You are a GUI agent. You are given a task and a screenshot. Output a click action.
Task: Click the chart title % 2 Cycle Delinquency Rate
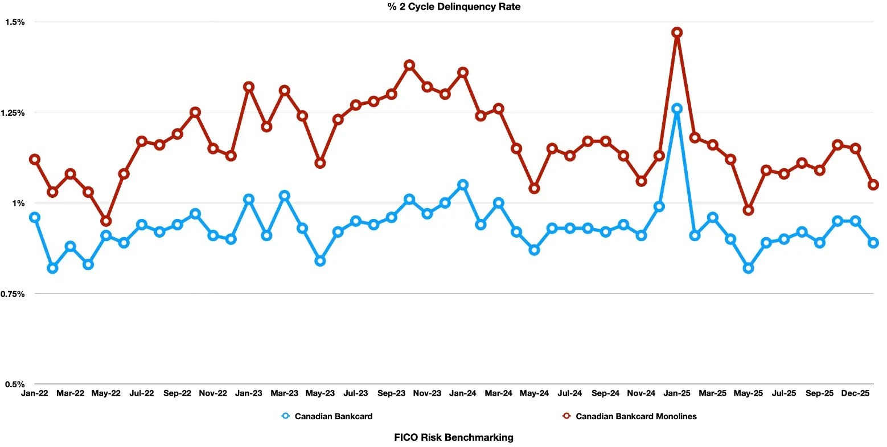click(443, 7)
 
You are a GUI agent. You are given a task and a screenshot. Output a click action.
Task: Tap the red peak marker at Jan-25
click(677, 32)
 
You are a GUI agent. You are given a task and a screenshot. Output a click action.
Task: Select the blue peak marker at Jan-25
click(677, 108)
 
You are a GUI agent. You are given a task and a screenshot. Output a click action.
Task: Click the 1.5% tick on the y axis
click(15, 22)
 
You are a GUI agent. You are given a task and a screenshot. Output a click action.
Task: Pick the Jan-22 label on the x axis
click(34, 393)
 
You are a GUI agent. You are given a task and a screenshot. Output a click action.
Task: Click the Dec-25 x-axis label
click(855, 393)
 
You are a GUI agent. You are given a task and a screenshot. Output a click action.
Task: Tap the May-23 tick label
click(320, 393)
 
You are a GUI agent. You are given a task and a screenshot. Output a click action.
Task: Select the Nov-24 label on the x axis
click(642, 393)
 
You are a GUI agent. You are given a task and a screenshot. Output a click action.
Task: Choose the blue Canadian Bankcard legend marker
click(286, 416)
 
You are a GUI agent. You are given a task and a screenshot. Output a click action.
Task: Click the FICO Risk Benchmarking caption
click(454, 437)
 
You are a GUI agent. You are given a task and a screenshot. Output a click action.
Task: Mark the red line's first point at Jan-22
click(35, 159)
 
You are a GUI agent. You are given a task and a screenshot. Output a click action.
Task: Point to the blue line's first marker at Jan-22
click(35, 217)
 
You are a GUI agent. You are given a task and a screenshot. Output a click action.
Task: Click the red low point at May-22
click(106, 221)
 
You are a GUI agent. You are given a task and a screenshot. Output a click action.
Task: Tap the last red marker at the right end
click(873, 185)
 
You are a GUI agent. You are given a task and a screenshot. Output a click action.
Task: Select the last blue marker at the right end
click(873, 242)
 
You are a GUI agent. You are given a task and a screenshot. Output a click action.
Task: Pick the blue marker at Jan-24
click(463, 185)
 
